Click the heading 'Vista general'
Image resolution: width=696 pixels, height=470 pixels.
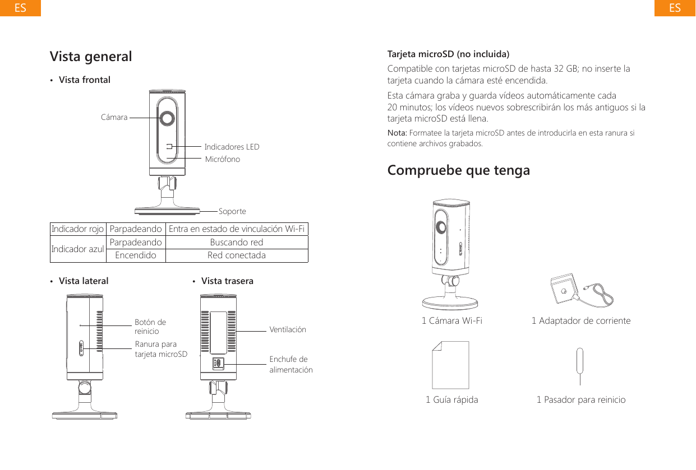[91, 57]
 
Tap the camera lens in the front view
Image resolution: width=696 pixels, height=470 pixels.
[167, 118]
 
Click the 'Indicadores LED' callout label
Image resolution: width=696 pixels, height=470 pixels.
[232, 147]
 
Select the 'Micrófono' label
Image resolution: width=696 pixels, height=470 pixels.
[223, 160]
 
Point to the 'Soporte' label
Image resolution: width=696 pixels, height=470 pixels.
[232, 212]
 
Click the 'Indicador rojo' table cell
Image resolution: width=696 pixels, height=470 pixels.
[77, 229]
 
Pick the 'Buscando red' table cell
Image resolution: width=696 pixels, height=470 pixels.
[237, 243]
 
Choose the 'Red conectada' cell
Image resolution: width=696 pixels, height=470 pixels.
[237, 255]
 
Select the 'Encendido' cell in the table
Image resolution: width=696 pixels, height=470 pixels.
[135, 255]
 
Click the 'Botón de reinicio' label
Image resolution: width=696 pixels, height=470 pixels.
[150, 327]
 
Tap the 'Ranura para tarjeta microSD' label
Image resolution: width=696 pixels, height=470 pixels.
[161, 349]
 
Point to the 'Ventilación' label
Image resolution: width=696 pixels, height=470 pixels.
[288, 329]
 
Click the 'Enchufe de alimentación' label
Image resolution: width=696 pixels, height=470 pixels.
[291, 364]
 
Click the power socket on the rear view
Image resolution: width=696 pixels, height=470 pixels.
[218, 363]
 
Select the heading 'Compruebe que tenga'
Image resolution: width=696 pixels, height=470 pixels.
[458, 170]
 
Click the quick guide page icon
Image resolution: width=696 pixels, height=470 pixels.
[450, 365]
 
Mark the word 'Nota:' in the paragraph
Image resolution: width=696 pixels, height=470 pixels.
[398, 133]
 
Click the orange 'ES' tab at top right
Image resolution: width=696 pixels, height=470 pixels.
[675, 8]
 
